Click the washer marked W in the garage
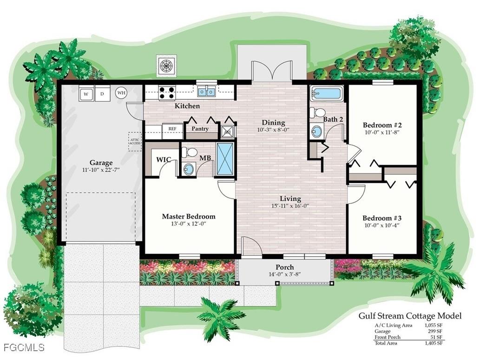86,93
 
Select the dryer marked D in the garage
102,93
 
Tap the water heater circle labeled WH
121,93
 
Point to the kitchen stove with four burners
167,92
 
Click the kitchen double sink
206,92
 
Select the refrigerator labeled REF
172,129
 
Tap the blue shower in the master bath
225,159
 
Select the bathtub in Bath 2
327,93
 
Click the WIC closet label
163,160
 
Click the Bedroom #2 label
382,125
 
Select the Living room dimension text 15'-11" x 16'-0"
290,207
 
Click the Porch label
284,267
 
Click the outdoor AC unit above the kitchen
166,66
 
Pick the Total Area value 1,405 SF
434,343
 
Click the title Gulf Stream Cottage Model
410,316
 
